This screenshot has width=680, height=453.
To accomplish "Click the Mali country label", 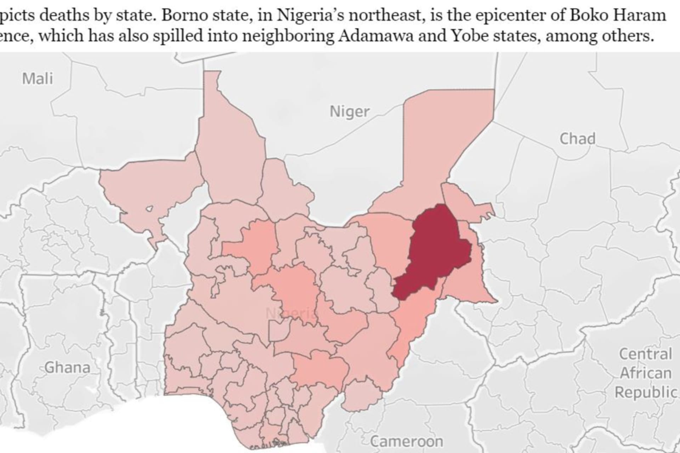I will click(x=38, y=79).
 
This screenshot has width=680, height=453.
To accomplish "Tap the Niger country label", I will click(x=350, y=112).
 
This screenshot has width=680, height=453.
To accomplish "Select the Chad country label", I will click(x=577, y=139).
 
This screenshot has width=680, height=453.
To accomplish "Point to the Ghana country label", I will click(x=67, y=368).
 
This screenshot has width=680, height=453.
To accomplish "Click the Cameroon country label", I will click(x=407, y=441).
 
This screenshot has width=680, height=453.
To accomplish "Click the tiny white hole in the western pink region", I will click(x=150, y=208).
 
